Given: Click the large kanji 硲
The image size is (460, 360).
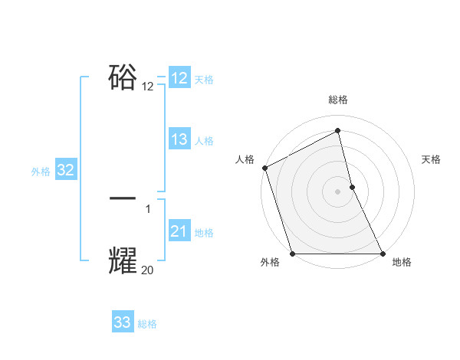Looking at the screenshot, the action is point(123,77).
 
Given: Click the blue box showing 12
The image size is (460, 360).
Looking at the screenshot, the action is point(179,78).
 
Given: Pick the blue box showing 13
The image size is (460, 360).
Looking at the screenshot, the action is point(179,139).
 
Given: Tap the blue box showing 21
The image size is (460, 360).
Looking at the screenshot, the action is point(179,231).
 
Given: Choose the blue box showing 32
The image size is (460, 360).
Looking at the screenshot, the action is point(66,170).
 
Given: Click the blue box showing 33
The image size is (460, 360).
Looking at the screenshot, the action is point(123,322).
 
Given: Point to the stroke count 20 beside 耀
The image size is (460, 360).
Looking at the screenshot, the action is point(148,270).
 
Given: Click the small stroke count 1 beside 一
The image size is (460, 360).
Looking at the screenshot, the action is point(148,208).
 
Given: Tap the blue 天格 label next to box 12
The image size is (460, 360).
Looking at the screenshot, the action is point(204,80).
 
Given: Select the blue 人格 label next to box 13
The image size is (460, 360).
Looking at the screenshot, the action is point(204,141).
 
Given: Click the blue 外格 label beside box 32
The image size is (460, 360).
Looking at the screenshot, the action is point(41,172).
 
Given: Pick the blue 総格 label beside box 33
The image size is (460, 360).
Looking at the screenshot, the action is point(148,324).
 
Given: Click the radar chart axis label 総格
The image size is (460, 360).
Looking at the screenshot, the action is point(338,100).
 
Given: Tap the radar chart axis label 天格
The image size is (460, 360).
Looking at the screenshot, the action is point(432,159).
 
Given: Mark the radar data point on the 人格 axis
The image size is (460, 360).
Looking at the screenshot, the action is point(264,168).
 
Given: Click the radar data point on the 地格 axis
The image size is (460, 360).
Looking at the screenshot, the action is point(383,254).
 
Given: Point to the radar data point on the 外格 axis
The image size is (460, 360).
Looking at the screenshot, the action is point(292,254).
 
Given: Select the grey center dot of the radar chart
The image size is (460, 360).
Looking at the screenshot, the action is point(337,191).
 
